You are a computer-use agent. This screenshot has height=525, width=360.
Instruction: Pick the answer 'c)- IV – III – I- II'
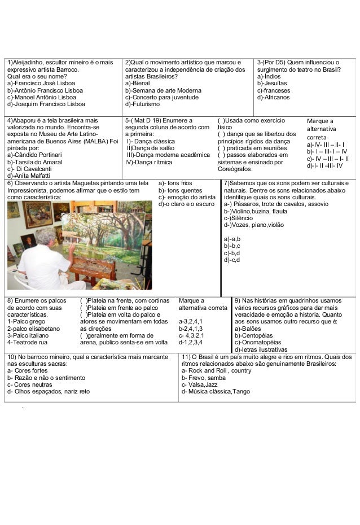[x=327, y=159]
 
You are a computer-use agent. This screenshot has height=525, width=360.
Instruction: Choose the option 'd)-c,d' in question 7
[x=232, y=260]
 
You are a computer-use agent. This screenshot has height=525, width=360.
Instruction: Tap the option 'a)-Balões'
[x=252, y=328]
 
